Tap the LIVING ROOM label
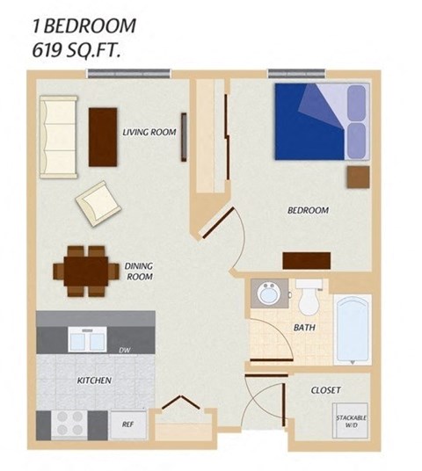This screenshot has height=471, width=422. [x=149, y=133]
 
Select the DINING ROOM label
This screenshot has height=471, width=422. [x=139, y=272]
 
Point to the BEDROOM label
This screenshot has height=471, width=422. [x=308, y=211]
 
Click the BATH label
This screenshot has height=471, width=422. [x=304, y=327]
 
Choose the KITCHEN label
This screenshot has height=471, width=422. [x=93, y=380]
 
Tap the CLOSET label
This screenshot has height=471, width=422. [x=325, y=389]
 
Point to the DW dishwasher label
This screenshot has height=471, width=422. [x=125, y=351]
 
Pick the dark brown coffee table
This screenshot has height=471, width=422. [x=104, y=134]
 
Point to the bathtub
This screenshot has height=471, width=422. [x=354, y=329]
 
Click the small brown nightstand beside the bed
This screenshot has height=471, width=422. [x=358, y=176]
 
